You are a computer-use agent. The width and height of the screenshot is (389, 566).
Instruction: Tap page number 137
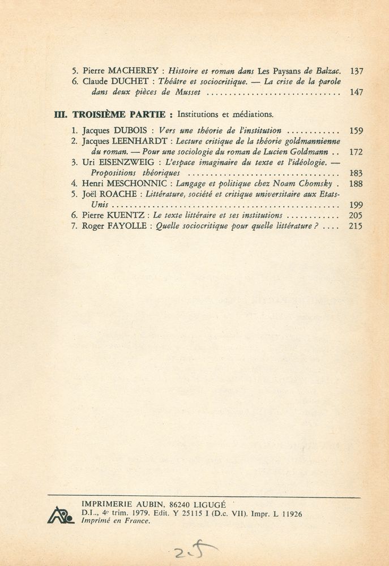pos(356,71)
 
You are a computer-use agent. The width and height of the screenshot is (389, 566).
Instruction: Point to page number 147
pos(356,92)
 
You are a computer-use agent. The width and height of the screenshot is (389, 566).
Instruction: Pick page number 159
pos(356,131)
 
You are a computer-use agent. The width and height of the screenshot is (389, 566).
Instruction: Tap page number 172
pos(356,152)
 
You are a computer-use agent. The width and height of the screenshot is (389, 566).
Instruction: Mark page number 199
pos(356,205)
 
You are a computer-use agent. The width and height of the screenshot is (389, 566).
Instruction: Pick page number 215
pos(356,226)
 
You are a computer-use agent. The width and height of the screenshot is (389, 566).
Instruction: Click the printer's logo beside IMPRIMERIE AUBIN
pos(60,514)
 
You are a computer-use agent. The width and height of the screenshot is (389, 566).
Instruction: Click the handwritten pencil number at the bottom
pos(189,547)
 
